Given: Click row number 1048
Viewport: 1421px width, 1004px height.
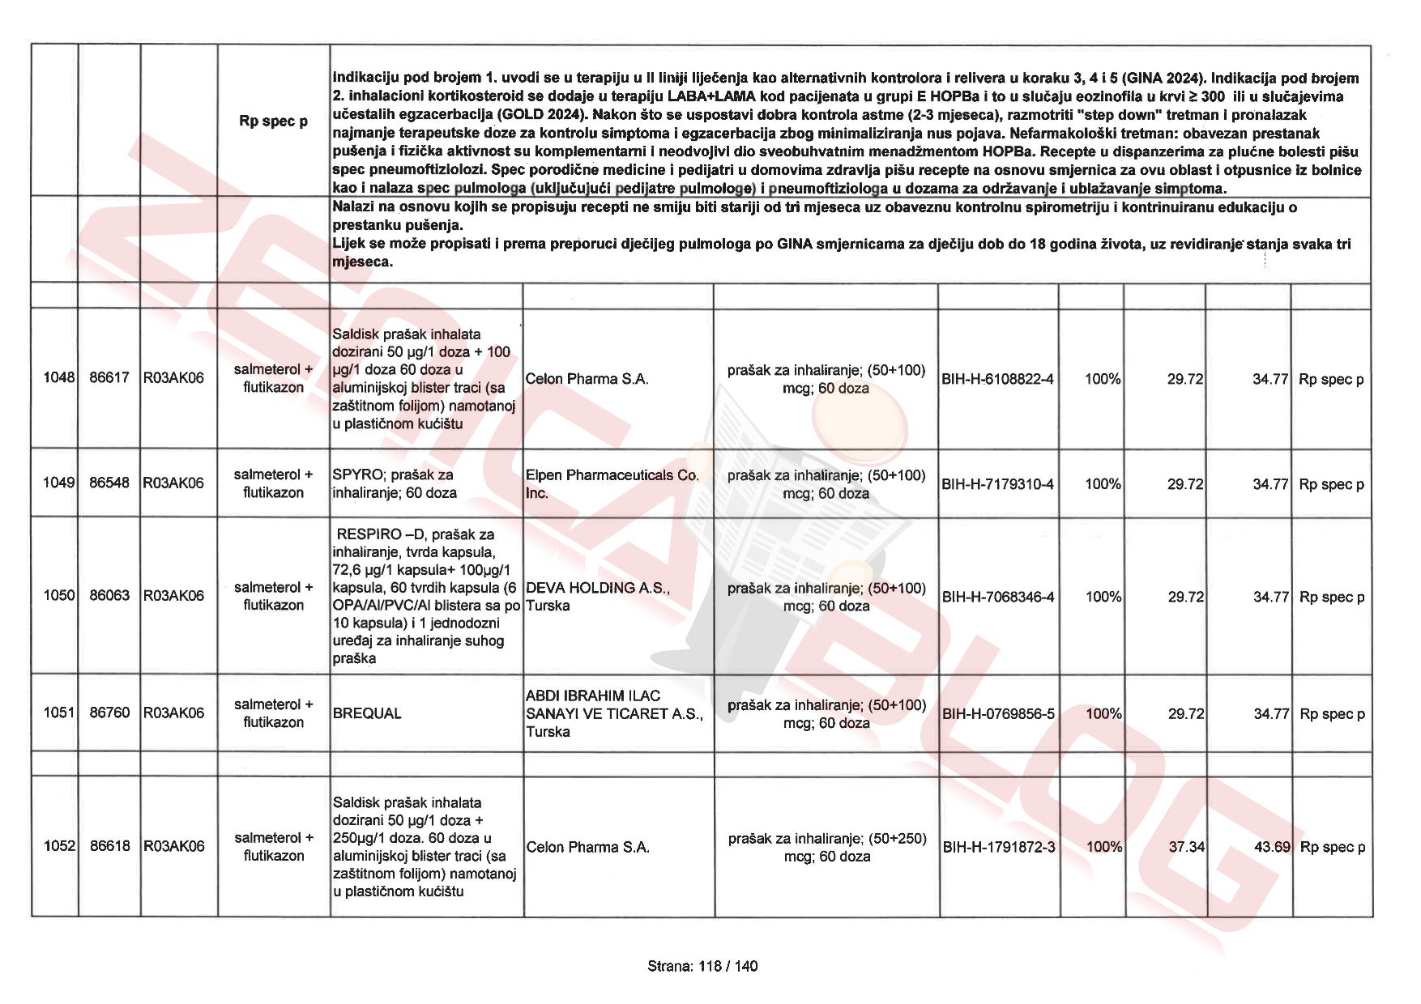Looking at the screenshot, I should [58, 378].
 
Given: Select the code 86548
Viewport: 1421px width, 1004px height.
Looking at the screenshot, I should [109, 483].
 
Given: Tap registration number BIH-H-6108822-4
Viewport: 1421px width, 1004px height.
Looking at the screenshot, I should [997, 379].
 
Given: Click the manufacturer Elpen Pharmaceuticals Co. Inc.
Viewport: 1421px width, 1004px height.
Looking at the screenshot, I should [612, 484].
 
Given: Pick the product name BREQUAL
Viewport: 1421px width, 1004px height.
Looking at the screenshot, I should [367, 714].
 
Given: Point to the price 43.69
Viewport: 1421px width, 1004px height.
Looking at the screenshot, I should [1271, 847].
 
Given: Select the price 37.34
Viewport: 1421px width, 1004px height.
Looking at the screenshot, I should [1186, 847].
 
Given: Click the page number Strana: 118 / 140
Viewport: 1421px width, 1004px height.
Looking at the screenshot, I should [702, 966].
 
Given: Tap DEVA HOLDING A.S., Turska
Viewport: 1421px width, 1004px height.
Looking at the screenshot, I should [598, 597].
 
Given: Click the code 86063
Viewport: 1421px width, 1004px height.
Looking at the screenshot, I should [109, 596].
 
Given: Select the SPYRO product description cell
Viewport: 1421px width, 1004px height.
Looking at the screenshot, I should [395, 484].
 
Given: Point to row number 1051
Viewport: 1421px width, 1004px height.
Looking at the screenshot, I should [59, 713].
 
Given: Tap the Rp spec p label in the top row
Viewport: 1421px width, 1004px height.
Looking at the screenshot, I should [273, 121].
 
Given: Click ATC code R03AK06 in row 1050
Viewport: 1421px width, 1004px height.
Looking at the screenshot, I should [173, 596].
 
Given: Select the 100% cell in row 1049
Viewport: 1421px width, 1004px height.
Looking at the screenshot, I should [1103, 484].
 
